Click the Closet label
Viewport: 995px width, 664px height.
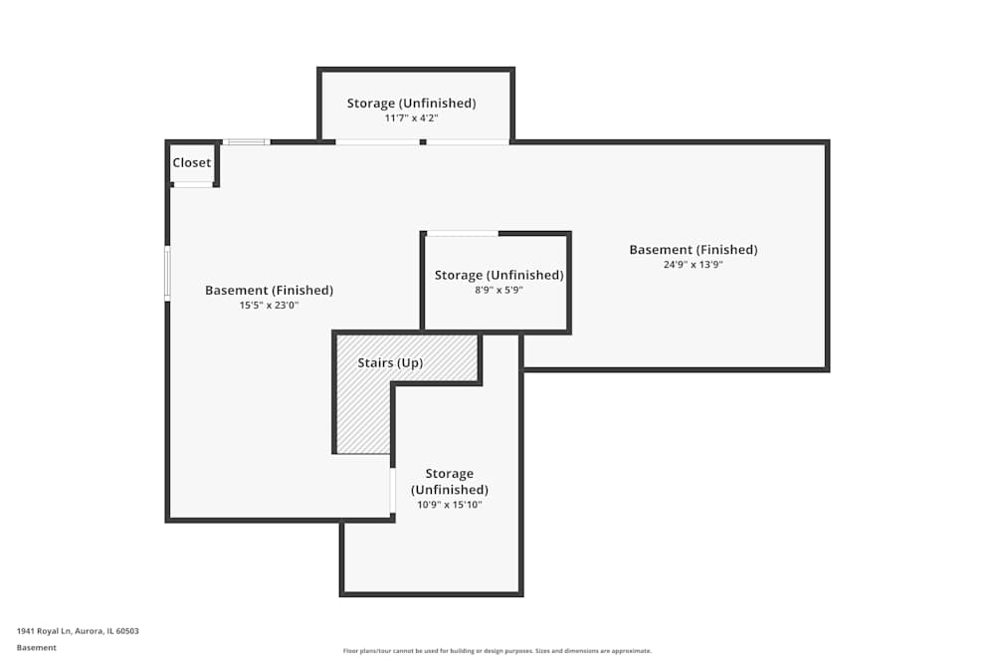pyautogui.click(x=192, y=162)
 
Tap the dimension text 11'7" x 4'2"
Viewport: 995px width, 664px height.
pyautogui.click(x=411, y=117)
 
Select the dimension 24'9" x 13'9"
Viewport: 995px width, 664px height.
pyautogui.click(x=693, y=265)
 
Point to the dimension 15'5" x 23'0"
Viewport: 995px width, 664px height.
pyautogui.click(x=269, y=306)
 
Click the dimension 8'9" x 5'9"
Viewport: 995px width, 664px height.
pyautogui.click(x=498, y=290)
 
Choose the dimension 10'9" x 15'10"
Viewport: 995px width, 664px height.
pyautogui.click(x=449, y=505)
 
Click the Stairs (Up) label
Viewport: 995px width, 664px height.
pyautogui.click(x=390, y=363)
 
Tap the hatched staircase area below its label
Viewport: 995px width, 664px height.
pyautogui.click(x=362, y=418)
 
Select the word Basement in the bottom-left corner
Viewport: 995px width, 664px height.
pyautogui.click(x=37, y=647)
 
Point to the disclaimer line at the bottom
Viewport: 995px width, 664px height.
pyautogui.click(x=497, y=651)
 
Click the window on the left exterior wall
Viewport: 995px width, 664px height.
pyautogui.click(x=167, y=272)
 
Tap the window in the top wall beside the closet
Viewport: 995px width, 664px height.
pyautogui.click(x=246, y=142)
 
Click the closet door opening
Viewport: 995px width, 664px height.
pyautogui.click(x=193, y=184)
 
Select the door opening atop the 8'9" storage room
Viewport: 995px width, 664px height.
pyautogui.click(x=463, y=234)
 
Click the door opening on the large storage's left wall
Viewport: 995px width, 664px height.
pyautogui.click(x=393, y=490)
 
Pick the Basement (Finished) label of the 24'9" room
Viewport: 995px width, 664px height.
pyautogui.click(x=693, y=250)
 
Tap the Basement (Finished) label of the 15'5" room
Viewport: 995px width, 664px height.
pyautogui.click(x=269, y=291)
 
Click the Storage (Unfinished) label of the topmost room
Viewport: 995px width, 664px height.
pyautogui.click(x=411, y=104)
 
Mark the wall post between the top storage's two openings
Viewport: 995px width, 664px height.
pyautogui.click(x=423, y=142)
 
